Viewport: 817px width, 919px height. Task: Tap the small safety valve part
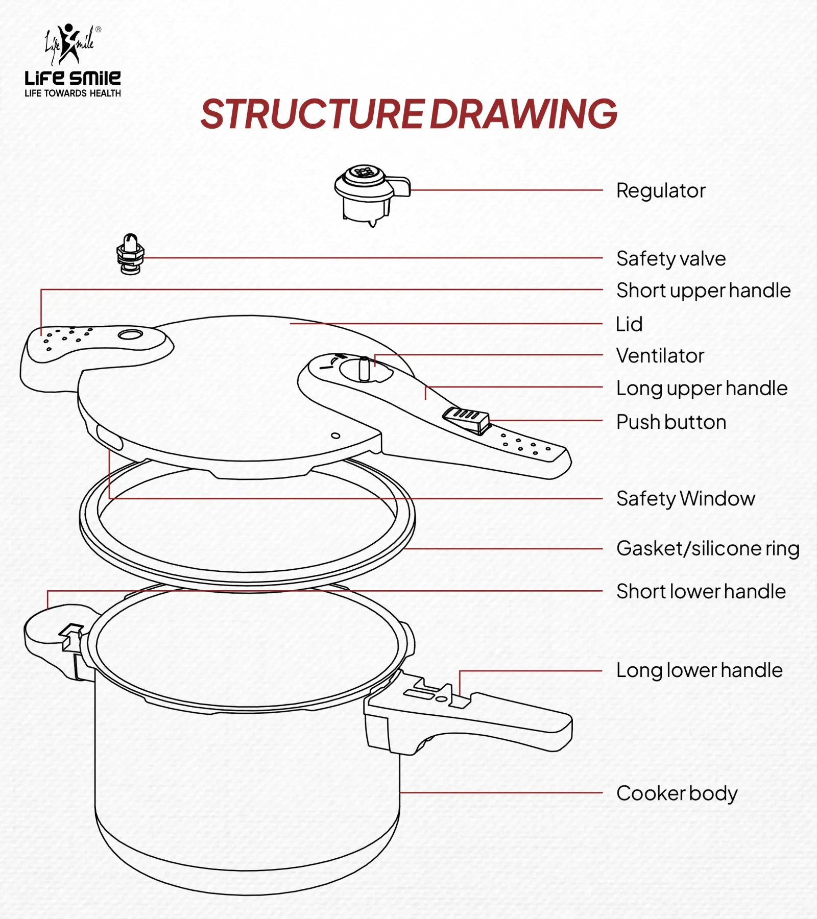click(131, 254)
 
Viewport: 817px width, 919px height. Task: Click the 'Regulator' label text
click(660, 190)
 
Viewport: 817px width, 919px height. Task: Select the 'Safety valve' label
click(670, 258)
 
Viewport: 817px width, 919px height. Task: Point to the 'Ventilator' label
click(660, 356)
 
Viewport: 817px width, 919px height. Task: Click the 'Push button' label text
click(670, 422)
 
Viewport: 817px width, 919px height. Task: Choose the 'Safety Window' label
click(685, 498)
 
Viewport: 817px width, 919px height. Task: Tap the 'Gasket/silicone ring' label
click(707, 548)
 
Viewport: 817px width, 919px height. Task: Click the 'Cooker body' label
click(677, 793)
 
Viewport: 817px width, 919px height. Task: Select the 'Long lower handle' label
click(699, 670)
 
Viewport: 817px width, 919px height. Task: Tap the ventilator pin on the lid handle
click(364, 369)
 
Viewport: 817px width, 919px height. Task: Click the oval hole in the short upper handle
click(130, 334)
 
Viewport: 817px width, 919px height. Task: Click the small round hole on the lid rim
click(335, 436)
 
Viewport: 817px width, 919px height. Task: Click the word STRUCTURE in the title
click(312, 114)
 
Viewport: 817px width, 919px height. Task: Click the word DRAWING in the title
click(523, 114)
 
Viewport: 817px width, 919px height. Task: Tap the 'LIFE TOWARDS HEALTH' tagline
click(73, 93)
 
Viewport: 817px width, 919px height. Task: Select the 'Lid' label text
click(629, 324)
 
